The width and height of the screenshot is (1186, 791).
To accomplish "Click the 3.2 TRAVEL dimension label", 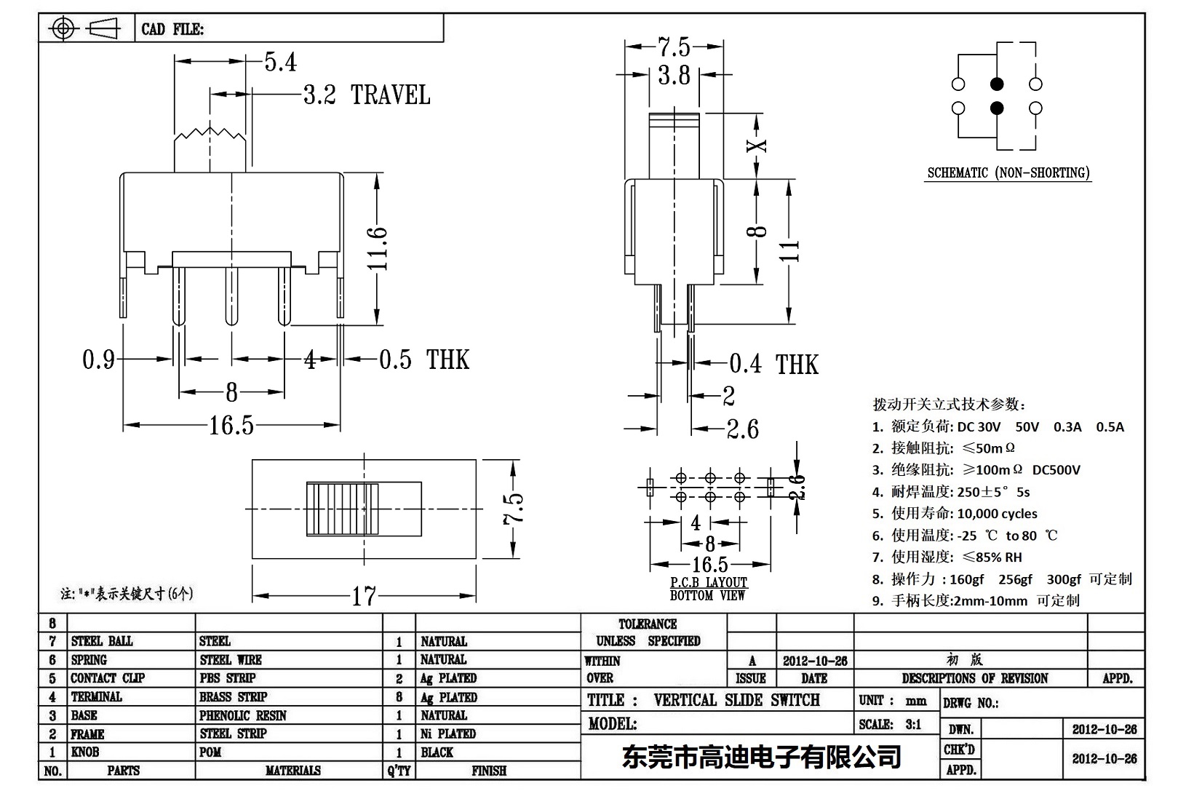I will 366,95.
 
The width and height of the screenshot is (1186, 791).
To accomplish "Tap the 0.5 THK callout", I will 423,359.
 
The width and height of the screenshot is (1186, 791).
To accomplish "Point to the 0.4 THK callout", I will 773,364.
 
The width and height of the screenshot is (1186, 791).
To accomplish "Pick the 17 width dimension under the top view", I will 364,597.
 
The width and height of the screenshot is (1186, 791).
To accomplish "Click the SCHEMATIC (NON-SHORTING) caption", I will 1008,173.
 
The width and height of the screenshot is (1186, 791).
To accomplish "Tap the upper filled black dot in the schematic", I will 997,84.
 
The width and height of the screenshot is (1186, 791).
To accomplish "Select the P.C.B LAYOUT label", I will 709,582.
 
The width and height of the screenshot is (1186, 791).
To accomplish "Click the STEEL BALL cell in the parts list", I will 102,641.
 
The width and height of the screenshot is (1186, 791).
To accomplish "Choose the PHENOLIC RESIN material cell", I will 243,715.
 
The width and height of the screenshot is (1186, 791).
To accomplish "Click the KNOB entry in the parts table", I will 84,752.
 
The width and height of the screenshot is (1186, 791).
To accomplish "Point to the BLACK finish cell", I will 437,752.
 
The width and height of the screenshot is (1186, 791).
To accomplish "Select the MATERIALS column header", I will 293,771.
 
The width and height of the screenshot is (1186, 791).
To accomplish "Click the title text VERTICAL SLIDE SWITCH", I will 736,700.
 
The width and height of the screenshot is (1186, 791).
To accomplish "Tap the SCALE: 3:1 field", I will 890,724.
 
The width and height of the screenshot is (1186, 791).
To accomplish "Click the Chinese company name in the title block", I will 761,757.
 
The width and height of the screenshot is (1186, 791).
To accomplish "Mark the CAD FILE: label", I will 172,29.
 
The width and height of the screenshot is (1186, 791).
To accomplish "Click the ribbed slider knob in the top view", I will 343,509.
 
